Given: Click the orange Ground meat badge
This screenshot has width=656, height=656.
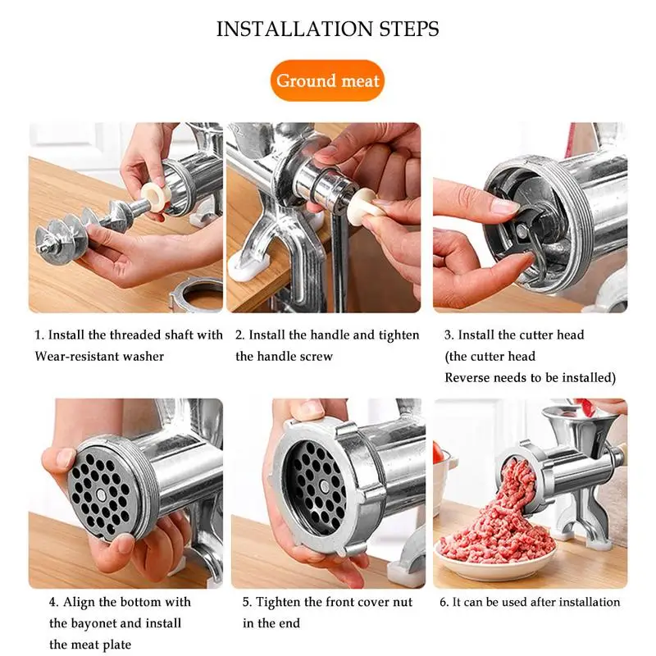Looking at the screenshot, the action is tap(327, 80).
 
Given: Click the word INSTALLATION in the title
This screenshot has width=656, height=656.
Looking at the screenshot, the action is tap(294, 29).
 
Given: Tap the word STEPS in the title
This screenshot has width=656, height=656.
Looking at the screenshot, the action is tap(409, 29).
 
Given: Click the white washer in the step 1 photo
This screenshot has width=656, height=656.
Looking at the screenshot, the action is tap(155, 196).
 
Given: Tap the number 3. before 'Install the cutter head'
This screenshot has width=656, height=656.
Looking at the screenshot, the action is tap(449, 335).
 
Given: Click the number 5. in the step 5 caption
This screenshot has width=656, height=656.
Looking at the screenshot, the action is tap(248, 603).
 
